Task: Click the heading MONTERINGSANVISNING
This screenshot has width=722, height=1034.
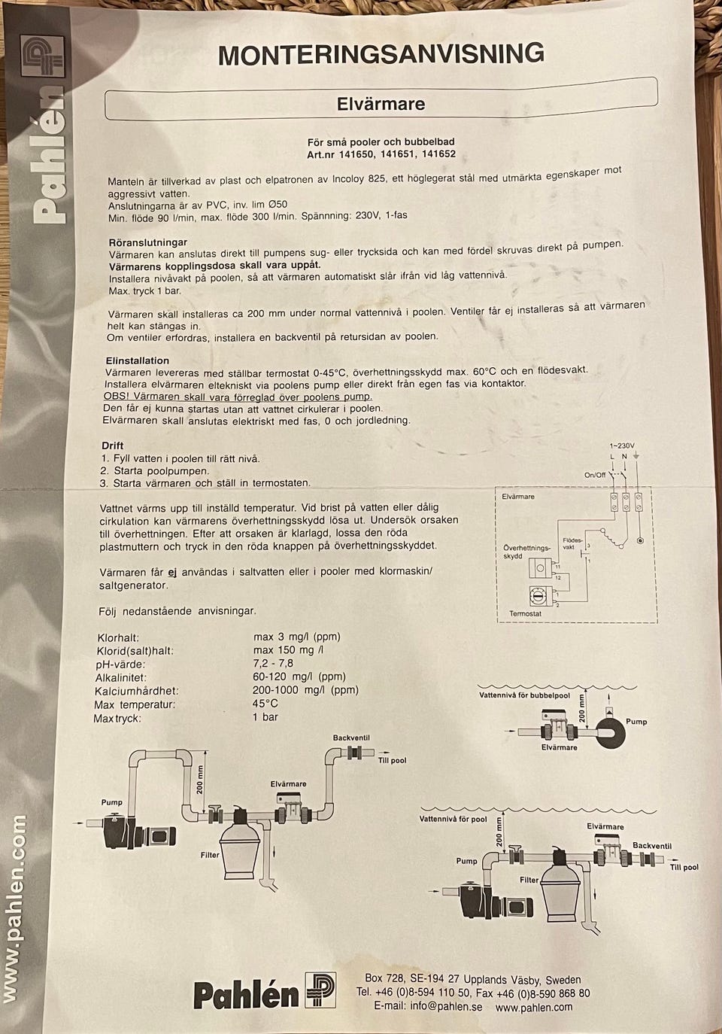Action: coord(381,54)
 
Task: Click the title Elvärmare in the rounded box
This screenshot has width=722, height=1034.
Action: coord(381,103)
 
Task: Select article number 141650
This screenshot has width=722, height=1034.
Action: coord(356,154)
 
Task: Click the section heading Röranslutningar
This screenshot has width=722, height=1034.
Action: coord(148,242)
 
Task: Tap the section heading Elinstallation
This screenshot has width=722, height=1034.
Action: coord(138,360)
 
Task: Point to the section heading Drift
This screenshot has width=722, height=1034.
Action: coord(113,446)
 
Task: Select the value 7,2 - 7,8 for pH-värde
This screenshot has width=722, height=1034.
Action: coord(273,663)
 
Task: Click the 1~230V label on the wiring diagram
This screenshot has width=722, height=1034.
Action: coord(622,446)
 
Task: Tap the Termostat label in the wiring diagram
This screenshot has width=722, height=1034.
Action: coord(525,613)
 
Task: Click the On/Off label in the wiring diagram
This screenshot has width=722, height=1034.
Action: coord(595,475)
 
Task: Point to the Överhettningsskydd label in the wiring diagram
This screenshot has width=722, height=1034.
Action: coord(526,552)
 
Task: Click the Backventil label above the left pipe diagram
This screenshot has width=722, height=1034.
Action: coord(351,737)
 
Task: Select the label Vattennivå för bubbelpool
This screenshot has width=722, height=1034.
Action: coord(524,695)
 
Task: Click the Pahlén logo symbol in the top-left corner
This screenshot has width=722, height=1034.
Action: coord(42,56)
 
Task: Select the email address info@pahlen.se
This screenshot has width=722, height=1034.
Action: coord(446,1006)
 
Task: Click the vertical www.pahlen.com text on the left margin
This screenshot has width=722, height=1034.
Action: coord(15,908)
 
